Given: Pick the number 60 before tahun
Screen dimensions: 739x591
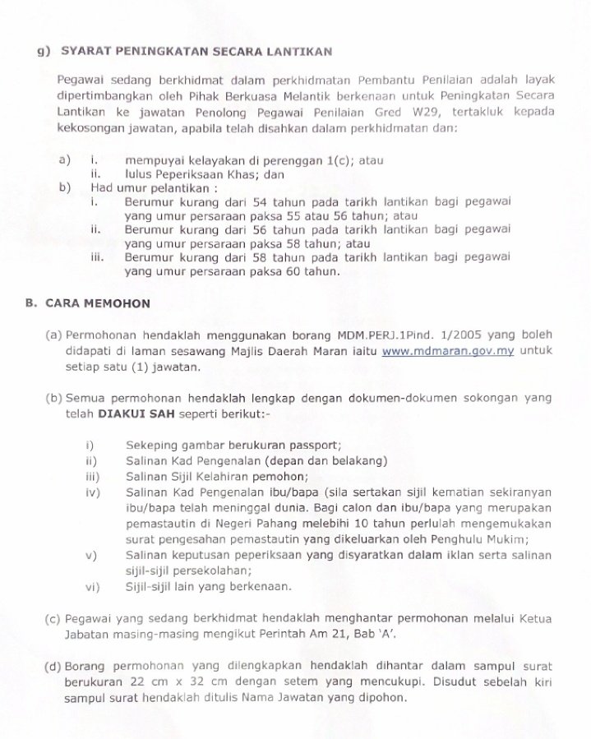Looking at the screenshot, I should (299, 271).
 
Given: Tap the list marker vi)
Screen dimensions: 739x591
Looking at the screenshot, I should (91, 586).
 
